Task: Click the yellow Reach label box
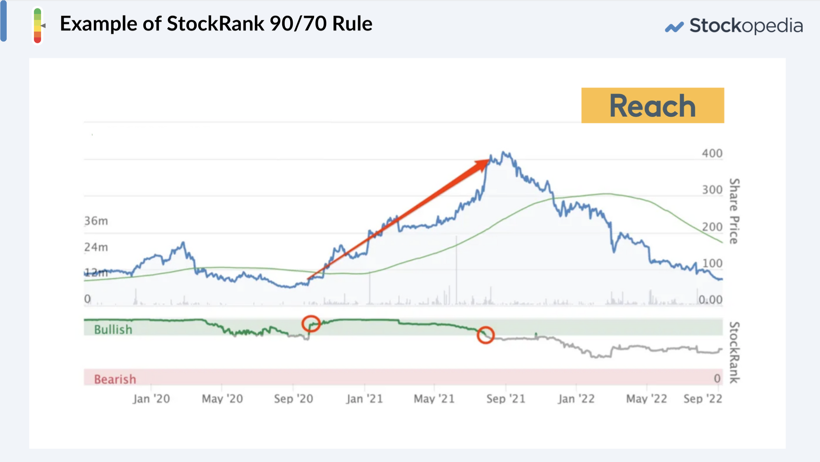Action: click(653, 106)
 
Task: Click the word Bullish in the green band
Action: click(113, 330)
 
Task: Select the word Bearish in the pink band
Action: click(115, 379)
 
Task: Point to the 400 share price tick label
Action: click(712, 153)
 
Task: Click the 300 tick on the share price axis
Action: click(712, 190)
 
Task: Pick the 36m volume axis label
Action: click(96, 221)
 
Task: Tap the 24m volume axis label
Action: click(96, 247)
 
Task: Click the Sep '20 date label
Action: click(294, 399)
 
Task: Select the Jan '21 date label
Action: click(364, 399)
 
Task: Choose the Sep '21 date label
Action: click(506, 399)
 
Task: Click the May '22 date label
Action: click(647, 399)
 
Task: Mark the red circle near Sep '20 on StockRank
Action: click(311, 324)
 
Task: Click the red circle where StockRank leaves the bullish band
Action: click(486, 335)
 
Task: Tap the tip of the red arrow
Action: click(488, 160)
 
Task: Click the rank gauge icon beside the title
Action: click(38, 26)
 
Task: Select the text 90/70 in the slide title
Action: click(298, 24)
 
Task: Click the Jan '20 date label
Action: click(151, 399)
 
